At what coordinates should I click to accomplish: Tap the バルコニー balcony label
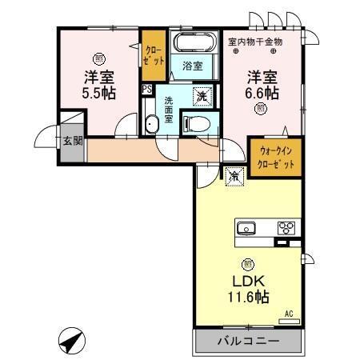pyautogui.click(x=248, y=342)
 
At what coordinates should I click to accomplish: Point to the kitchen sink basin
pyautogui.click(x=247, y=227)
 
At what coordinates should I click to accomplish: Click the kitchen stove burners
pyautogui.click(x=286, y=227)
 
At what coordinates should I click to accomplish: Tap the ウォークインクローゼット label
pyautogui.click(x=276, y=157)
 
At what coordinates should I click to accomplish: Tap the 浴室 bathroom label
pyautogui.click(x=192, y=65)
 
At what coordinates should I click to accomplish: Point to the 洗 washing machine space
pyautogui.click(x=203, y=95)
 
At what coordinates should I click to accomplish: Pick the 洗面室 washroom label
pyautogui.click(x=170, y=108)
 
